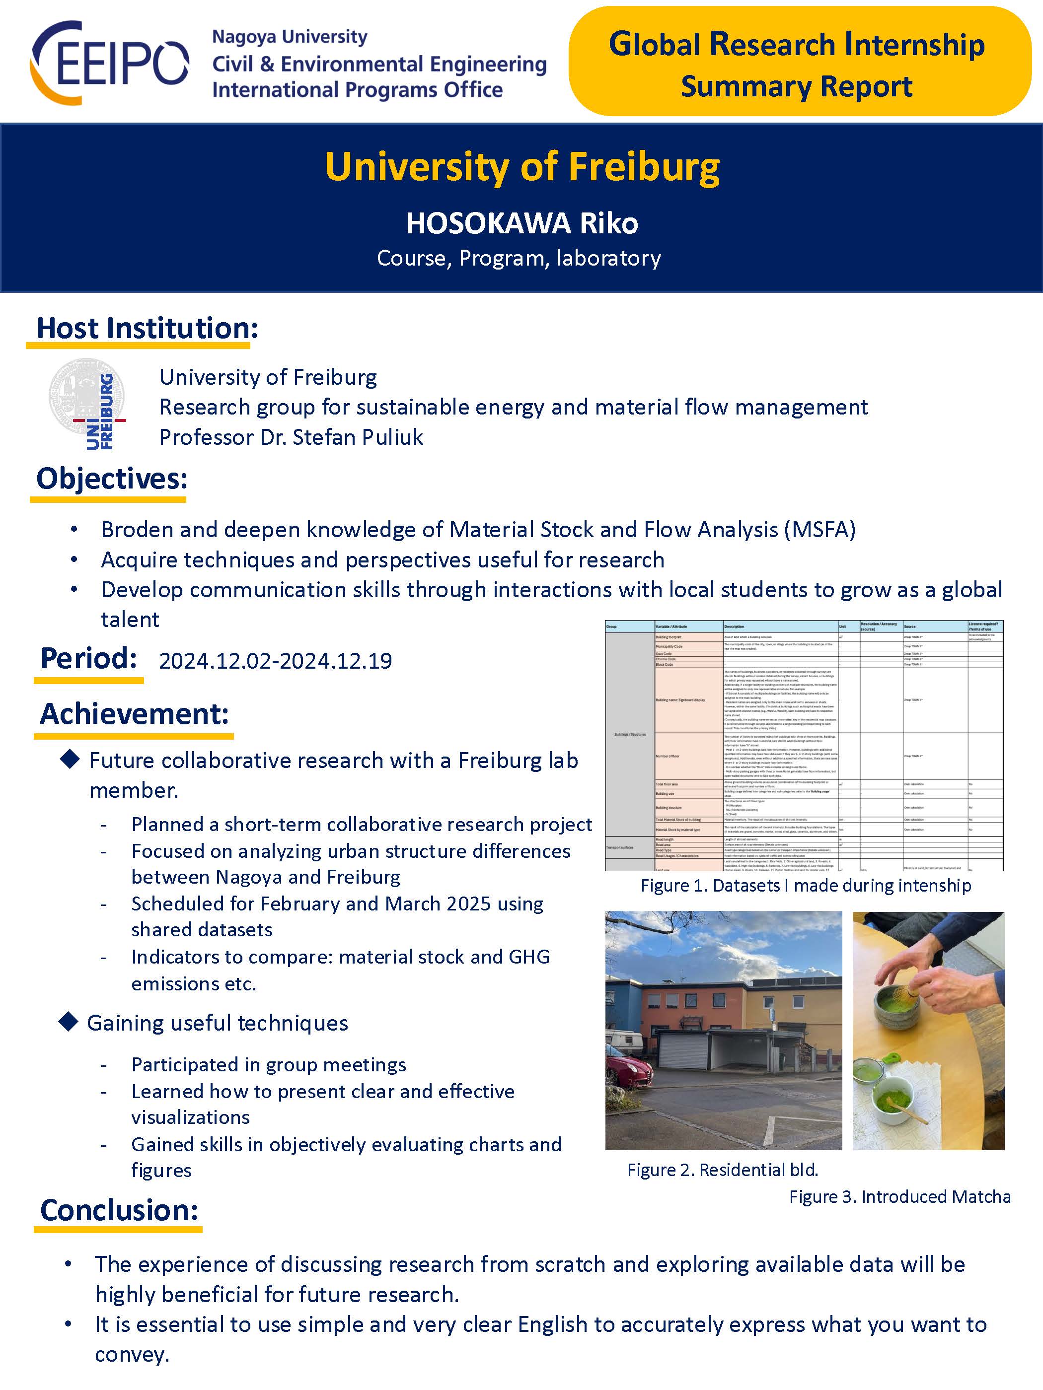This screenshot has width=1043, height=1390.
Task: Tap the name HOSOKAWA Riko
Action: (522, 223)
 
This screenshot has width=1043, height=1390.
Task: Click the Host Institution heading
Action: (147, 328)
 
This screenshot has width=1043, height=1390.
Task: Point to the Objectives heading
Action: (112, 479)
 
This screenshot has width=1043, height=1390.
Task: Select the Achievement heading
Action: (135, 714)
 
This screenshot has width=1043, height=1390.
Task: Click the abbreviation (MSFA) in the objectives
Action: (820, 530)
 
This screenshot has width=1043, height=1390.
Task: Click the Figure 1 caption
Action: (806, 886)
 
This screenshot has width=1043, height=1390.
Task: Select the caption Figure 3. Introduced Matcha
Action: (899, 1196)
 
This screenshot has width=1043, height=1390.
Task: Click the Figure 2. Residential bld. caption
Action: (722, 1170)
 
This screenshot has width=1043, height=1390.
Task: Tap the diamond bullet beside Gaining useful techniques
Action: (68, 1022)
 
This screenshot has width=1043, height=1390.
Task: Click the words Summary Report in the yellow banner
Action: (796, 87)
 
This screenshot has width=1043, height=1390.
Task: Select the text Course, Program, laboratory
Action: (519, 258)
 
